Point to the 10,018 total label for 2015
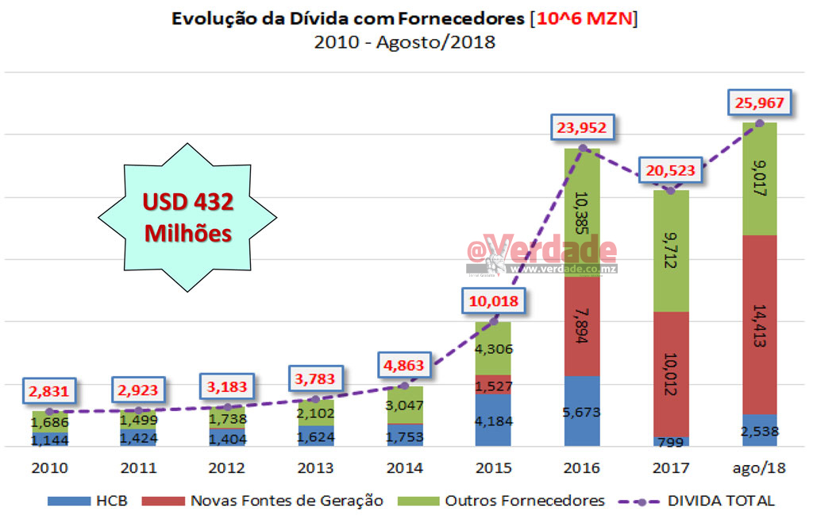pos(493,301)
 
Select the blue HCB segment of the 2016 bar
pos(583,411)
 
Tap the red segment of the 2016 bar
pos(583,318)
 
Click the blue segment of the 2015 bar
pos(494,420)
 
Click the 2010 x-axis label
pos(49,468)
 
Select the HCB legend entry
pos(88,501)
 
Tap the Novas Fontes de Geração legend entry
pos(263,501)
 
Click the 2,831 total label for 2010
pos(49,390)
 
